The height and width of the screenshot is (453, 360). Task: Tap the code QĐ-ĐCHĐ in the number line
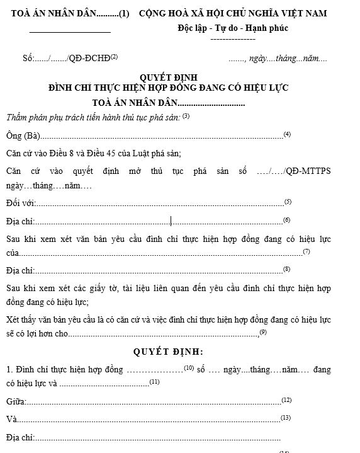coord(90,59)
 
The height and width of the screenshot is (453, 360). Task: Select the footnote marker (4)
coord(287,134)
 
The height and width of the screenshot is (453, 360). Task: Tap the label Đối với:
coord(21,204)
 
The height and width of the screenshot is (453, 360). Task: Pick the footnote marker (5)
coord(288,201)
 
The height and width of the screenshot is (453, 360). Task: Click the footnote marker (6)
coord(286,219)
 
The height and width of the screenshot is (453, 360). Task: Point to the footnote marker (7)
coord(307,251)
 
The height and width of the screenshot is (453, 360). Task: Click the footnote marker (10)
coord(188,367)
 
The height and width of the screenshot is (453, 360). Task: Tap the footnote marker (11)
coord(155,381)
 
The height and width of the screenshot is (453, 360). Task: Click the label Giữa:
coord(16,402)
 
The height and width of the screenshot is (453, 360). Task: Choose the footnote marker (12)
coord(286,399)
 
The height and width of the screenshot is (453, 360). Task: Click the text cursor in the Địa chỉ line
coord(171,221)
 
